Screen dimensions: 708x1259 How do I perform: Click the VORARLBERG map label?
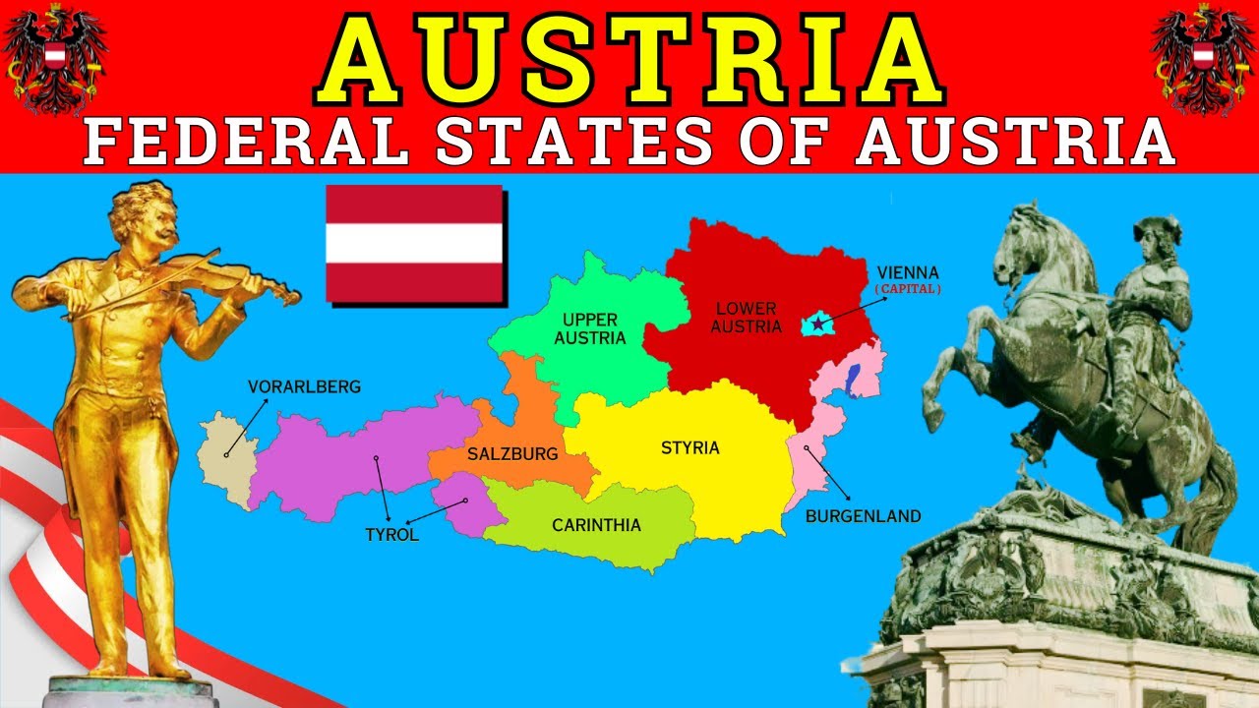click(x=304, y=387)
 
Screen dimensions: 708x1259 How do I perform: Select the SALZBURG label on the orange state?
click(x=512, y=454)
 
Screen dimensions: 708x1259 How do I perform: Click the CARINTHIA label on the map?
click(x=596, y=525)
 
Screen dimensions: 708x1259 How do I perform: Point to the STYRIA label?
click(x=689, y=448)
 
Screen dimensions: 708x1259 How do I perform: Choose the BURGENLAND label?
click(x=863, y=516)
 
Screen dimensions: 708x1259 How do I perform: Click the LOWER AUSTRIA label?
click(x=746, y=318)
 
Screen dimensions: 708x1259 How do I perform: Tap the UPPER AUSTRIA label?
click(x=590, y=328)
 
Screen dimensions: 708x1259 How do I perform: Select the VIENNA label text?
click(x=908, y=272)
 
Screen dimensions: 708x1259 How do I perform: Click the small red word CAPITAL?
click(x=908, y=290)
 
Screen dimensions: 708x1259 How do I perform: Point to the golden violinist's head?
click(x=145, y=214)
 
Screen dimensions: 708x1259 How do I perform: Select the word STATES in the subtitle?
click(x=575, y=143)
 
